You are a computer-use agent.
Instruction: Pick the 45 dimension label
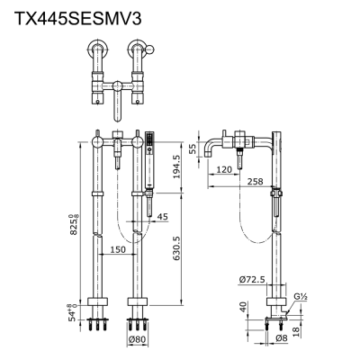(161, 215)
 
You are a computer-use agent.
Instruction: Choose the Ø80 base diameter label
(138, 339)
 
